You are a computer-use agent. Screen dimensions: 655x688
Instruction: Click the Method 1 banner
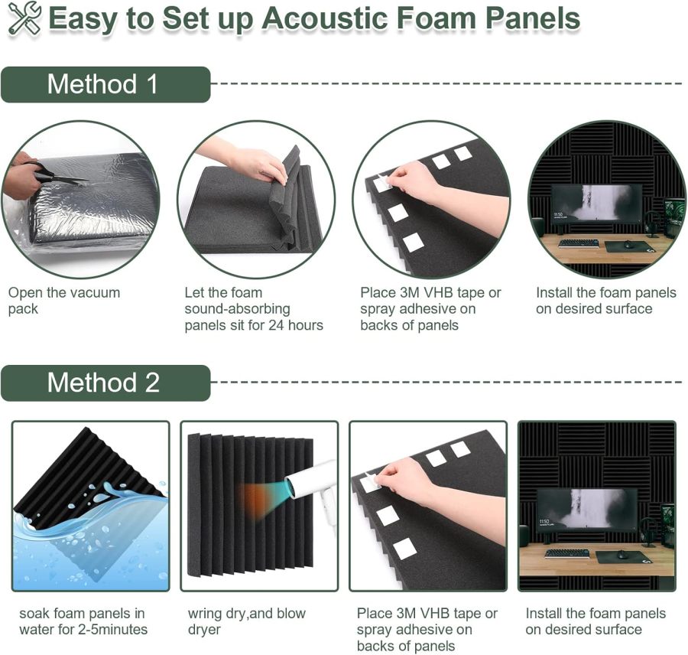105,83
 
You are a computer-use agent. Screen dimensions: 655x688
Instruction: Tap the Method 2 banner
105,383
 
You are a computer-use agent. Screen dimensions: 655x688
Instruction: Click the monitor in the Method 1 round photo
596,203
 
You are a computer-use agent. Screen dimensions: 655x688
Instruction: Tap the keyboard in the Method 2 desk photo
566,552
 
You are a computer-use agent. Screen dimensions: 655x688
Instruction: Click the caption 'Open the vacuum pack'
63,301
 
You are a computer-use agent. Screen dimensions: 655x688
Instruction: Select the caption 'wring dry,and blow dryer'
246,621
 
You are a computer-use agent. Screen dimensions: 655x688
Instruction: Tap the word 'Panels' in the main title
531,19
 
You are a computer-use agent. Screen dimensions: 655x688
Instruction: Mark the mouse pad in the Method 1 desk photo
630,246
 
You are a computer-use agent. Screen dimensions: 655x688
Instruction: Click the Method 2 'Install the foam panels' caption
596,621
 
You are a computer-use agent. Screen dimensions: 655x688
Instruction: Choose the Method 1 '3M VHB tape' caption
430,309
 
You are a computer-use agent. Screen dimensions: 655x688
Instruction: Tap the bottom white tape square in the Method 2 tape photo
404,548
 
